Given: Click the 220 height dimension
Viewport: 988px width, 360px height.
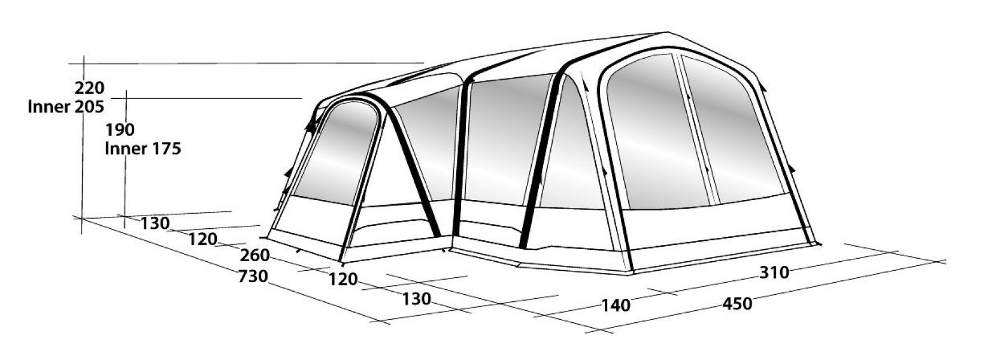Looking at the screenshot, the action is point(89,88).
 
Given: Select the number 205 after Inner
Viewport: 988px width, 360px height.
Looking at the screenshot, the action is point(89,107).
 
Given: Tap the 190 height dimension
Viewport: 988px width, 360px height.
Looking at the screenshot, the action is point(120,130).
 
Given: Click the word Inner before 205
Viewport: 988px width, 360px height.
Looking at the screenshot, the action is point(49,107).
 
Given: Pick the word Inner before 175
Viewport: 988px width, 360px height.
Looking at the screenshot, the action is point(125,149).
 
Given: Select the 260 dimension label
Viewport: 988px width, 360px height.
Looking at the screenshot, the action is point(254,255).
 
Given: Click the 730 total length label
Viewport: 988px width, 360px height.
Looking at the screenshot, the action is point(253,276).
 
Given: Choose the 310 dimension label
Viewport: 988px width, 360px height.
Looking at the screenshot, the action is point(774,273).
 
